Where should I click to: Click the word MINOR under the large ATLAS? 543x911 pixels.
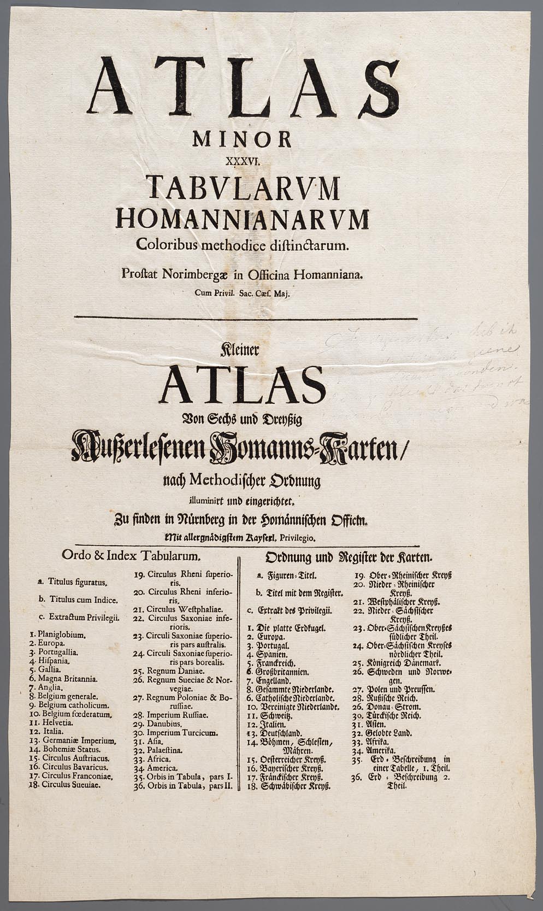242,139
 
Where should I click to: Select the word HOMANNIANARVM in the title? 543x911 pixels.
243,219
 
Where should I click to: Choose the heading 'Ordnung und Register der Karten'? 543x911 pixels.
349,557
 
